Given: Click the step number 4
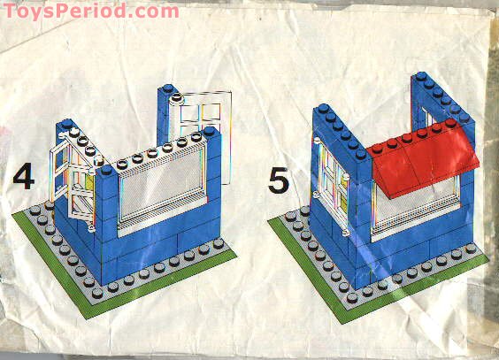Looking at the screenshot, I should coord(24,178).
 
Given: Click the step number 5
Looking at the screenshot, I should coord(280,180).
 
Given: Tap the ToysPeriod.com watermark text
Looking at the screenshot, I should coord(89,11).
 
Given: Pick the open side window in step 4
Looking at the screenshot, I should coord(74,177).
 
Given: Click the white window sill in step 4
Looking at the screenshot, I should coord(164,222).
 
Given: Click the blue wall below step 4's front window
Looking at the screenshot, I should coord(168,248).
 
